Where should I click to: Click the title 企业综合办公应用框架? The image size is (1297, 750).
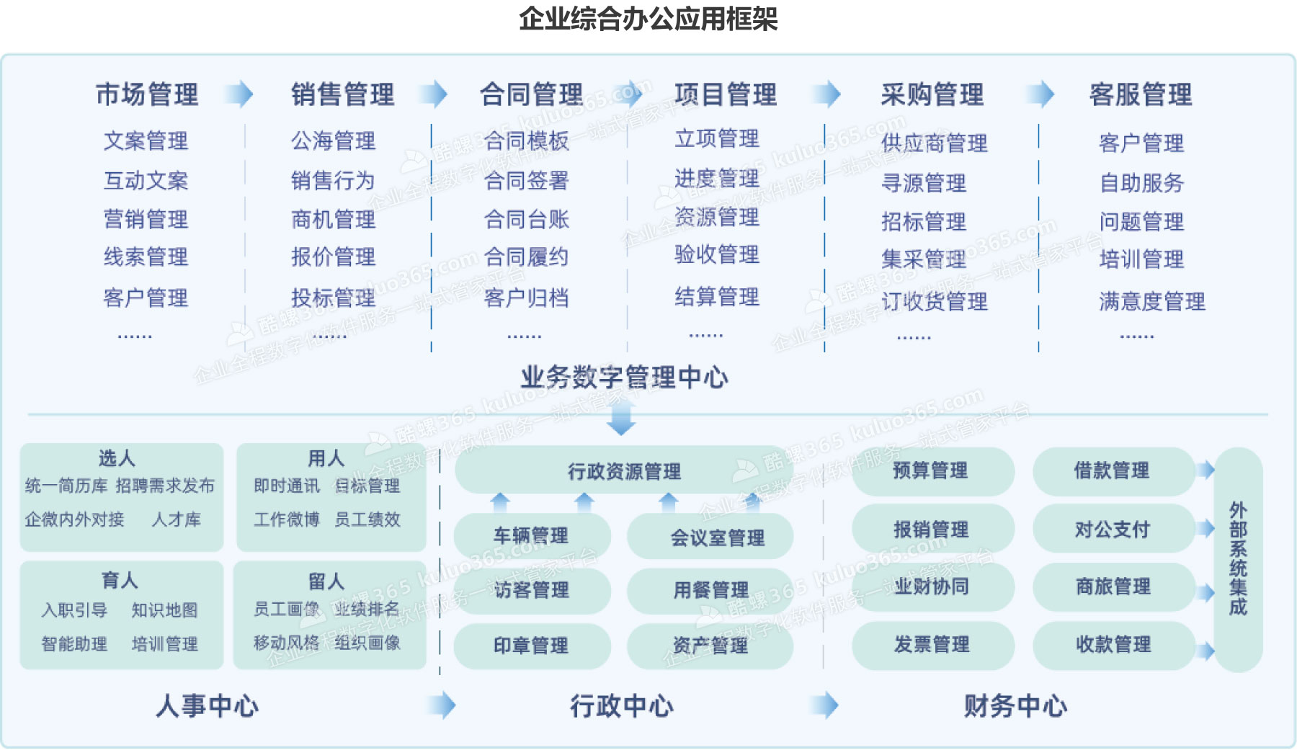(648, 19)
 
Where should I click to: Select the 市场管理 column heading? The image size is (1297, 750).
(147, 94)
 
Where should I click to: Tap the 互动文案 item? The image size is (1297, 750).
(146, 180)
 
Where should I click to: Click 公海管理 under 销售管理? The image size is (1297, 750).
(333, 140)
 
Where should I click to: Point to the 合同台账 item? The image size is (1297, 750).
(526, 219)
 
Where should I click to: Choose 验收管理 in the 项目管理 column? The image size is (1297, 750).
(716, 254)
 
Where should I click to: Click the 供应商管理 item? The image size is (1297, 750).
(934, 143)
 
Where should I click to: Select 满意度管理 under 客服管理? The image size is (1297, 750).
(1151, 301)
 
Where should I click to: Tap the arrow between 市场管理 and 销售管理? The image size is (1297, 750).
(239, 94)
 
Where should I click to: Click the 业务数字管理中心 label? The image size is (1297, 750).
(624, 377)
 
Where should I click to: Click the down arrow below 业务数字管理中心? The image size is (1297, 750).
(621, 419)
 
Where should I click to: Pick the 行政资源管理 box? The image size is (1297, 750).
(624, 472)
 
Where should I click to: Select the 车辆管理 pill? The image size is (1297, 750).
(532, 535)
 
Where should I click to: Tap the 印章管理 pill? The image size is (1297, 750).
(532, 646)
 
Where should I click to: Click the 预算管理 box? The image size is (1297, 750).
(931, 471)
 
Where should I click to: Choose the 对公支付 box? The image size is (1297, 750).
(1112, 530)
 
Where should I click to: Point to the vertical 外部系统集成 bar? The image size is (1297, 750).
(1238, 559)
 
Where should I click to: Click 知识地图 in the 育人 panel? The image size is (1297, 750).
(164, 610)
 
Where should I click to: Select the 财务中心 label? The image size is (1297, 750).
(1015, 706)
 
